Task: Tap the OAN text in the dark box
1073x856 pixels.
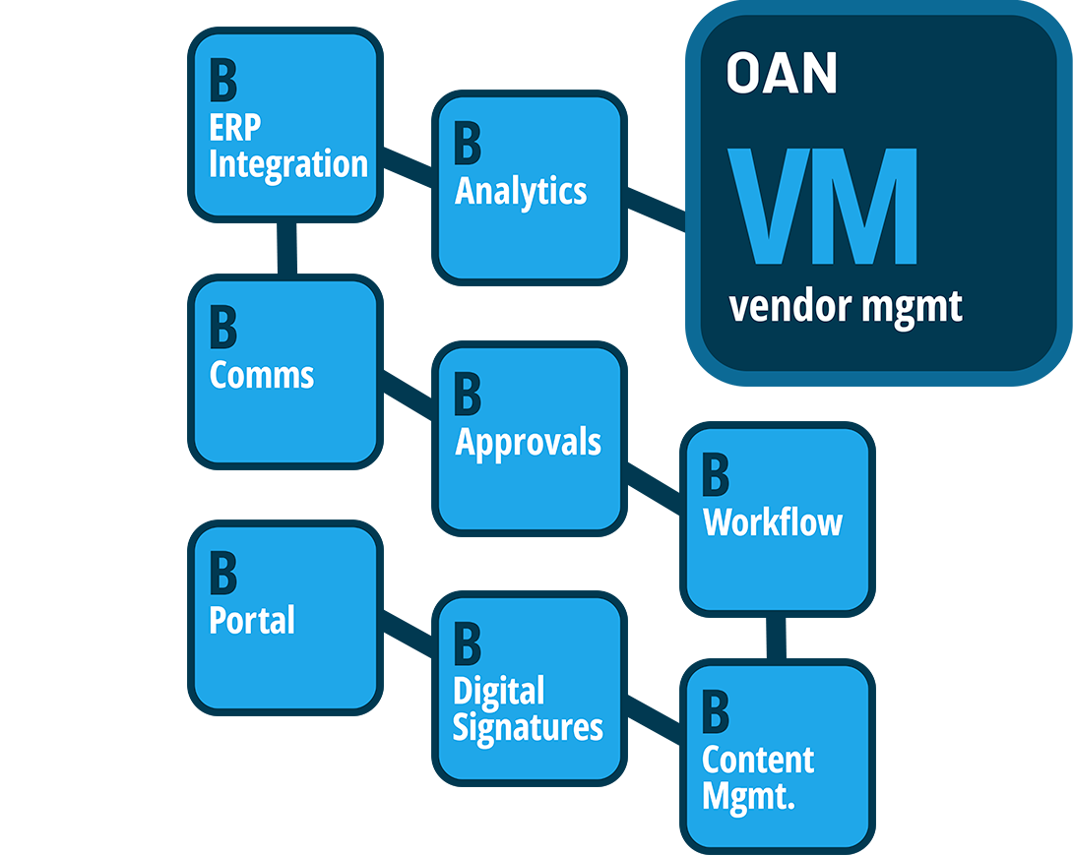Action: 782,74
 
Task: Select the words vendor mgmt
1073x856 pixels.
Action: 845,307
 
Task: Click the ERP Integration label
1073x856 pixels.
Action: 287,146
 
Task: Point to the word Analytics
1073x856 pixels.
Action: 521,191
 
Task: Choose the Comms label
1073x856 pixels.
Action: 262,375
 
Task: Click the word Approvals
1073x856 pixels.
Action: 528,442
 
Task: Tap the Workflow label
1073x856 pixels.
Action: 773,521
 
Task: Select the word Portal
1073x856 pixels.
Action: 252,620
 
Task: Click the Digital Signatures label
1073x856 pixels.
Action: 527,709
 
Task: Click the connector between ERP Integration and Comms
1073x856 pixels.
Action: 285,248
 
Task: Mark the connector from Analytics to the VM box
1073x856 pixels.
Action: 656,211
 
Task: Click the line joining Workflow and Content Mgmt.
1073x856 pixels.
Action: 777,637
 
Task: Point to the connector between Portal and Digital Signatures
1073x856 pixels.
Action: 407,634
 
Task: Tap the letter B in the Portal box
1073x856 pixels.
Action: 223,573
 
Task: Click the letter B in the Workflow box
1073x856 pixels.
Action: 716,475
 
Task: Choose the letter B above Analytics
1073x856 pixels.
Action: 468,144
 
